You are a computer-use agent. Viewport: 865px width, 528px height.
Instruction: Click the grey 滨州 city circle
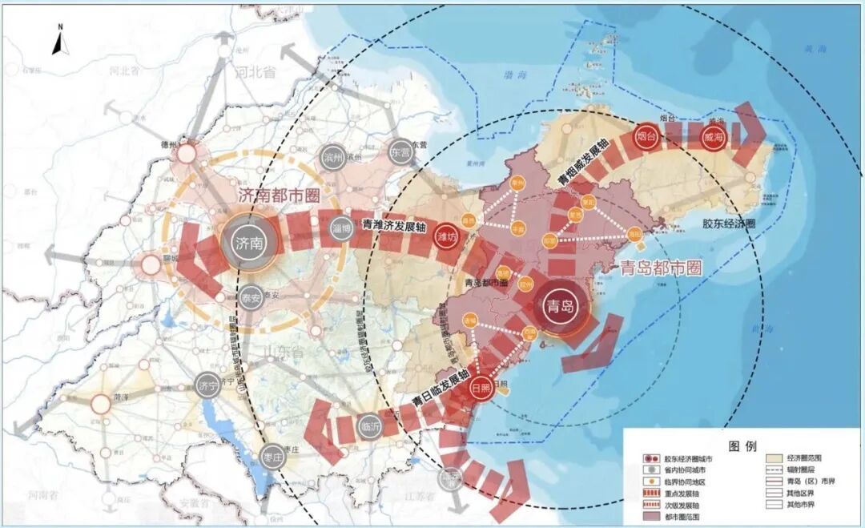pos(332,158)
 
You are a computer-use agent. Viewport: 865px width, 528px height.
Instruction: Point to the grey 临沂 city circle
pos(370,424)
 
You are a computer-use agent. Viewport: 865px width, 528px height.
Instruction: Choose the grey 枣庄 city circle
pos(272,457)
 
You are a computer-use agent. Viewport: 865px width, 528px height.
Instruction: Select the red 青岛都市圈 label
pos(661,268)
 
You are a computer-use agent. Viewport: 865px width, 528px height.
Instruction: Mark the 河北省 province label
pos(255,72)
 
